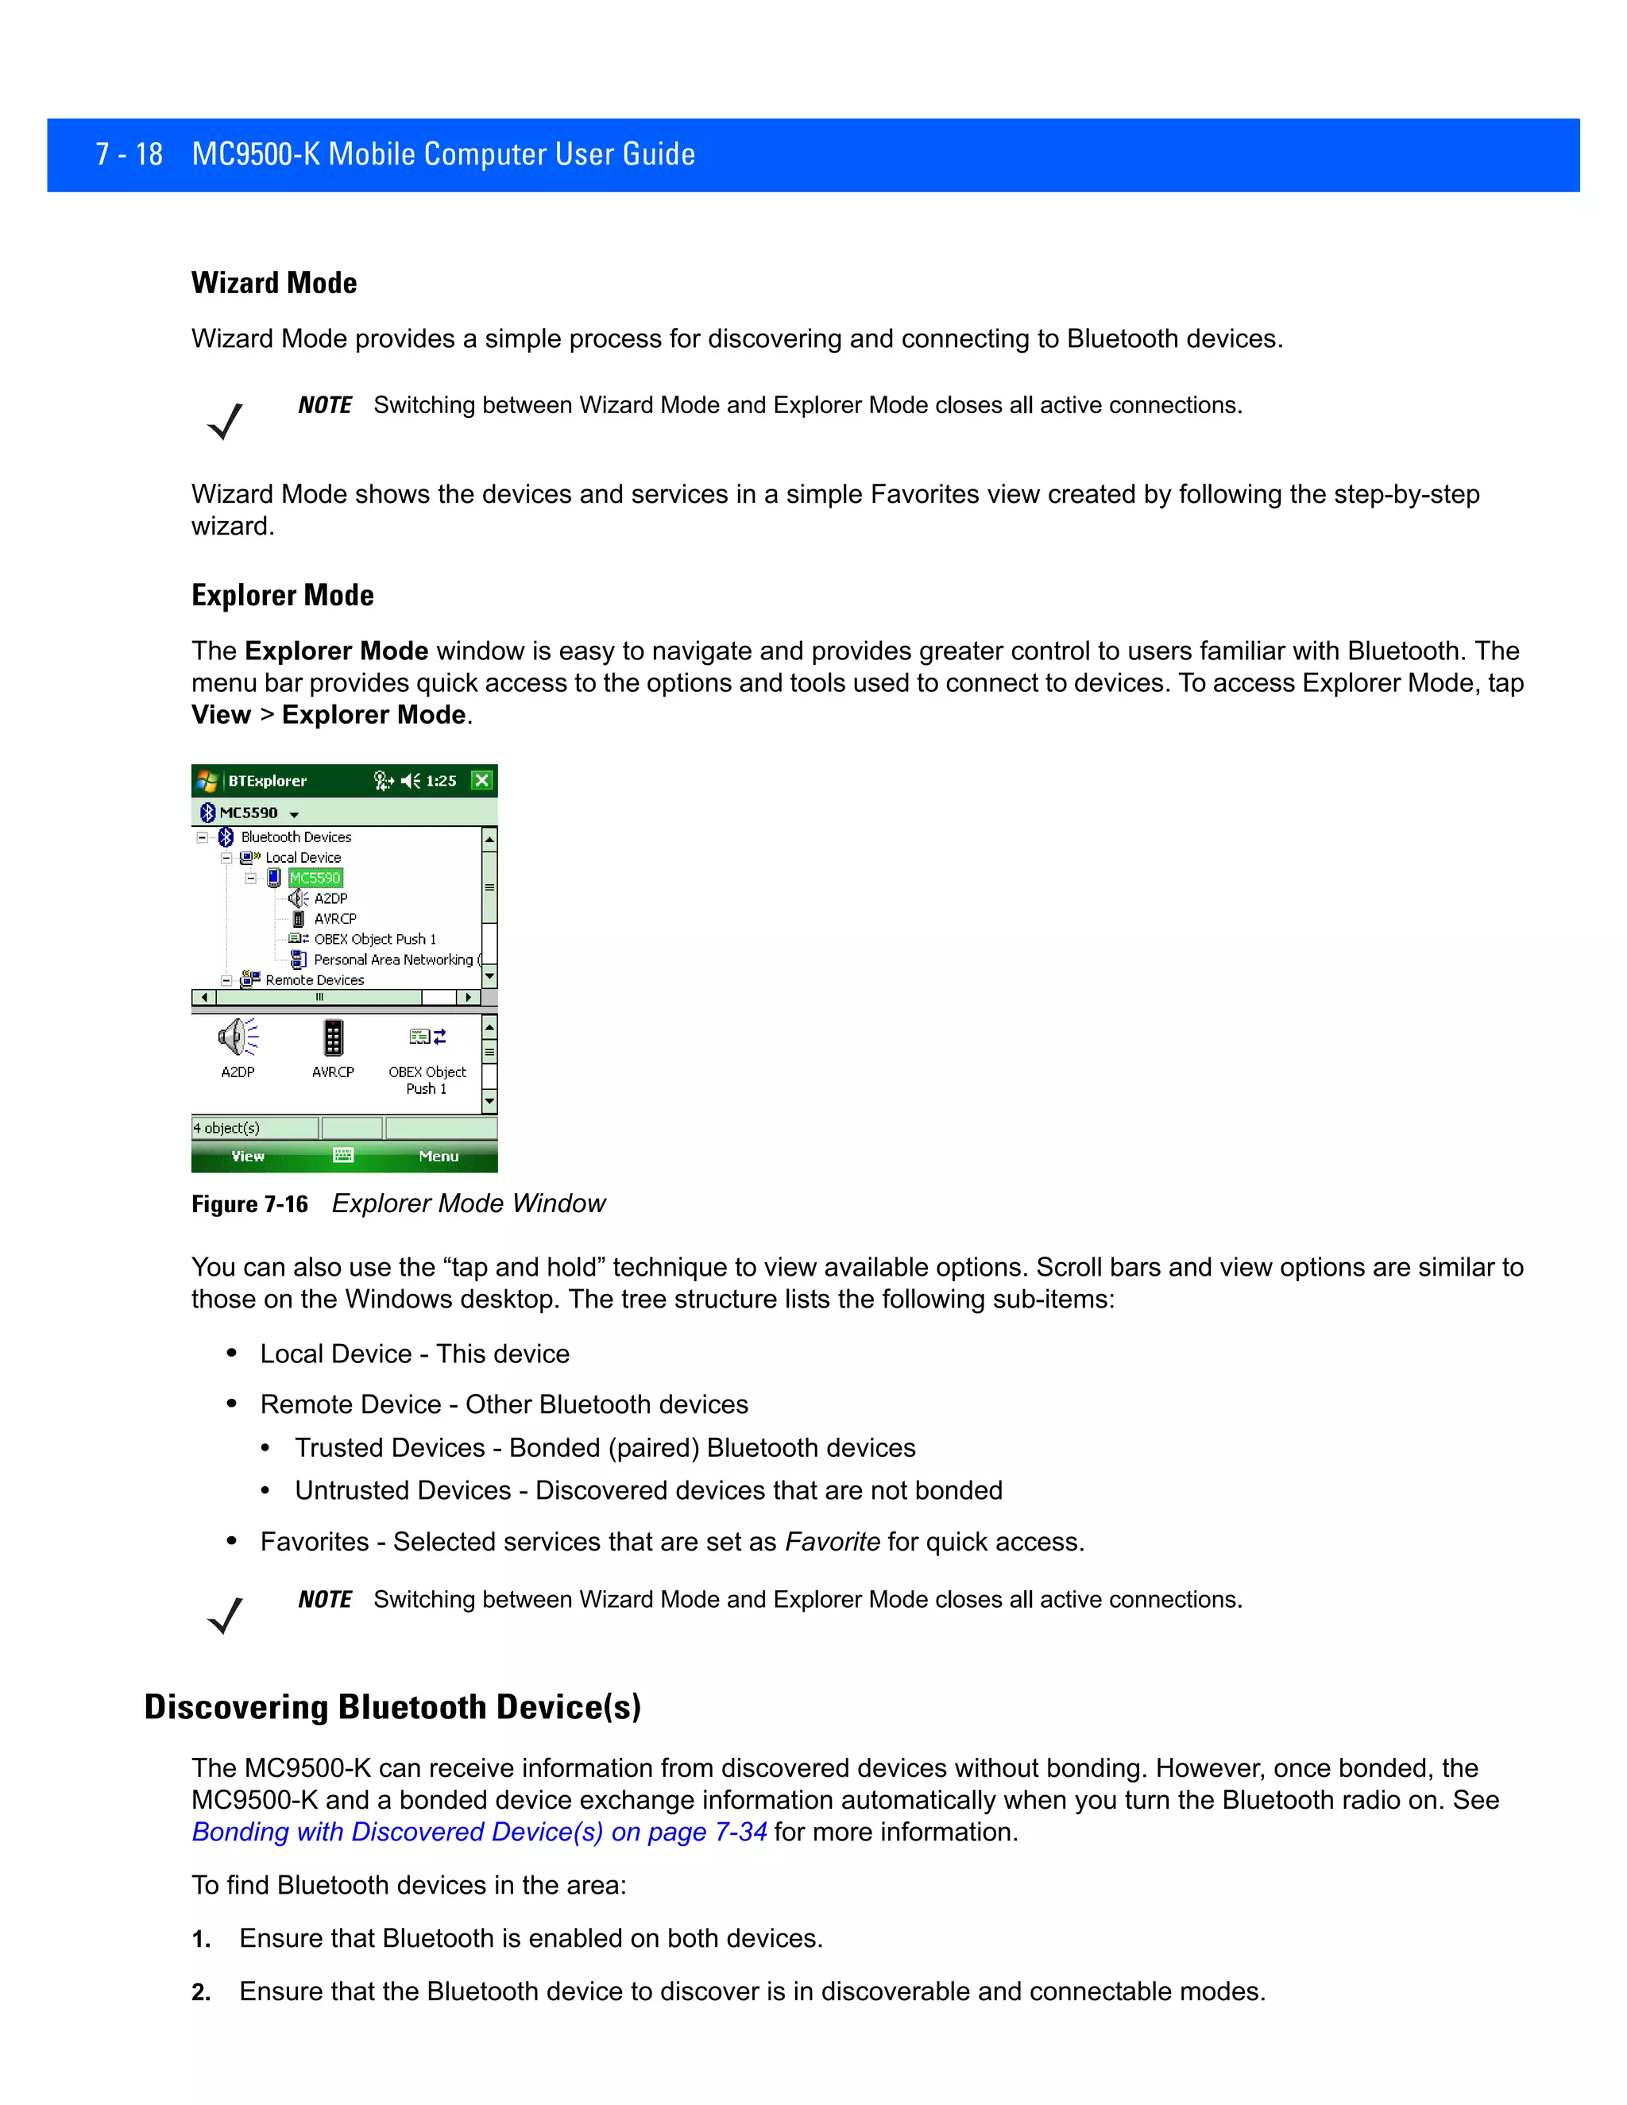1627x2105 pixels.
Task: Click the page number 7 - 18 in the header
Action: (129, 154)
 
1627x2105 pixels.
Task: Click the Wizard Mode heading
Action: (274, 283)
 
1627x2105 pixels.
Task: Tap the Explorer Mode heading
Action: (282, 595)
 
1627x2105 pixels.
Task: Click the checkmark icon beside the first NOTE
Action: (226, 421)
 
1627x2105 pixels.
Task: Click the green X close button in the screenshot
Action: (482, 781)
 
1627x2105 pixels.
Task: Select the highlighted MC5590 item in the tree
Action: (315, 878)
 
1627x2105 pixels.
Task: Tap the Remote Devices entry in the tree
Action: (315, 980)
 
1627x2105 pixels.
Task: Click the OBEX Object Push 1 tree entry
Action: (374, 939)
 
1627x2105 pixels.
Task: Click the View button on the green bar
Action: (248, 1157)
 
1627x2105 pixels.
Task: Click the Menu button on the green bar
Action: (439, 1157)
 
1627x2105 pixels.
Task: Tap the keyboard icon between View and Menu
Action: (343, 1156)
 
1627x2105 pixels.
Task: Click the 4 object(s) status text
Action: (226, 1129)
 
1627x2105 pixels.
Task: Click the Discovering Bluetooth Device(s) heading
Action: (392, 1707)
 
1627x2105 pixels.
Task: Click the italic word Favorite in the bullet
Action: (832, 1542)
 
